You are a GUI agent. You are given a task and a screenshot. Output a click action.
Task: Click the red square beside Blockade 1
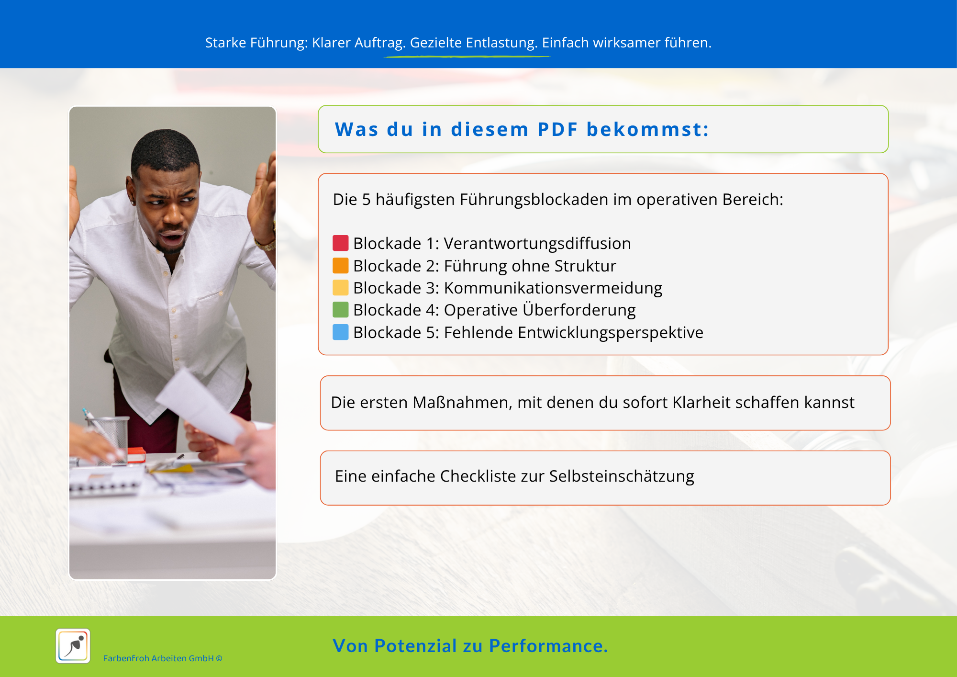coord(340,243)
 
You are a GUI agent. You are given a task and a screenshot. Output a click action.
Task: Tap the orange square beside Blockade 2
coord(340,266)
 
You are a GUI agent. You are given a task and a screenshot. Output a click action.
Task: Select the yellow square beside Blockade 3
coord(340,288)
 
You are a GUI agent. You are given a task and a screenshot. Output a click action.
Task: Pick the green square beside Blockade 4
coord(340,310)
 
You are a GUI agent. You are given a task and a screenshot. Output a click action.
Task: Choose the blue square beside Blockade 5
coord(340,332)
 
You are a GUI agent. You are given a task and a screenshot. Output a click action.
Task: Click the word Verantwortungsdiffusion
coord(537,244)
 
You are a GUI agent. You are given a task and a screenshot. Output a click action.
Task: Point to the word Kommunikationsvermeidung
coord(553,288)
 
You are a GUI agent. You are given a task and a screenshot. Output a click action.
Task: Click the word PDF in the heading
coord(557,129)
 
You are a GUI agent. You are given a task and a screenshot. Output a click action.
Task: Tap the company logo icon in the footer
coord(73,646)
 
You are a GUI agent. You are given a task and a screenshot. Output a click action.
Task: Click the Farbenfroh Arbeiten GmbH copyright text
coord(163,658)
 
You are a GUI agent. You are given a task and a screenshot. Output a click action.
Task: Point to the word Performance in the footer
coord(548,646)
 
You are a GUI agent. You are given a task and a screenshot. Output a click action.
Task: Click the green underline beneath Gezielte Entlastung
coord(467,56)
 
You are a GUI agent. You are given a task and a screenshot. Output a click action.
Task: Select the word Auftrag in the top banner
coord(380,43)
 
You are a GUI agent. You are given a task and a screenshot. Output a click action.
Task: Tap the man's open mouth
coord(173,237)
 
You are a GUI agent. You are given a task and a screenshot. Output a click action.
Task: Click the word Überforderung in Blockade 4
coord(579,310)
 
